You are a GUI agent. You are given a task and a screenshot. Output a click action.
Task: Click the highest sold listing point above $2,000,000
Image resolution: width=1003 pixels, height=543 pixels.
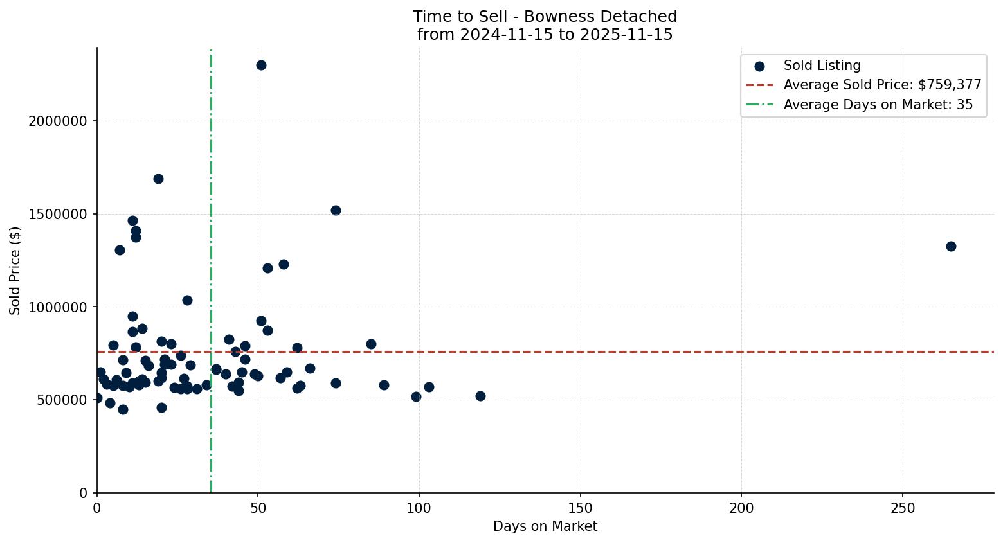click(261, 65)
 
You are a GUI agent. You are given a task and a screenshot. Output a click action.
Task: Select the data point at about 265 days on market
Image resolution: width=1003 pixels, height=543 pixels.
click(951, 246)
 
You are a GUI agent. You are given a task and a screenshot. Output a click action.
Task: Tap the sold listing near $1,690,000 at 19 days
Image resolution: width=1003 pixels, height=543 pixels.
click(158, 179)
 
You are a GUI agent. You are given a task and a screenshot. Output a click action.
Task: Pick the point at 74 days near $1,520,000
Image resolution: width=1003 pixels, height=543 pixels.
click(336, 210)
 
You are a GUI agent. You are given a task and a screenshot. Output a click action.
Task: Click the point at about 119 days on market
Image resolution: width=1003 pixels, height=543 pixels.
click(480, 396)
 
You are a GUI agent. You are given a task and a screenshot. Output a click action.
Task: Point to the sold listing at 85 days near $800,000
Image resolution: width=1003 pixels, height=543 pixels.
click(371, 344)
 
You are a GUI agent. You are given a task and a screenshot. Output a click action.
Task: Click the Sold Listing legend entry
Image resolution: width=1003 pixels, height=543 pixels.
click(822, 66)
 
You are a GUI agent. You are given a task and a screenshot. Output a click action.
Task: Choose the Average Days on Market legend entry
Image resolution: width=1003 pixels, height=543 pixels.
click(878, 105)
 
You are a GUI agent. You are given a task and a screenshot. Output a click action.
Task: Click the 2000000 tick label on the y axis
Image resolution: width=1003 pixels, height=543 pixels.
click(59, 121)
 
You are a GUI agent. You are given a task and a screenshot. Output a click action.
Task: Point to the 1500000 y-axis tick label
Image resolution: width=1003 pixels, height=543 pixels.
click(59, 214)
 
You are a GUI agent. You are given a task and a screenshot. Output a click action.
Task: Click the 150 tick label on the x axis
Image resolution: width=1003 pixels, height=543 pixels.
click(581, 508)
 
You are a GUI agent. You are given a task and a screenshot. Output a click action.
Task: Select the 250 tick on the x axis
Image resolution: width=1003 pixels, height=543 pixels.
click(903, 508)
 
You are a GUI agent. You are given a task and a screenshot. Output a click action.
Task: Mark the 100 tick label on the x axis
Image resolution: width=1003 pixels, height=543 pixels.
click(419, 508)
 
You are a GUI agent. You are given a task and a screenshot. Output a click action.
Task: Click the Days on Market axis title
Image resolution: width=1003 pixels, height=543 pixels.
click(545, 526)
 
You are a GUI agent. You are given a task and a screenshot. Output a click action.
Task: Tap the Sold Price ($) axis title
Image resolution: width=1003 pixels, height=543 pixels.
click(15, 271)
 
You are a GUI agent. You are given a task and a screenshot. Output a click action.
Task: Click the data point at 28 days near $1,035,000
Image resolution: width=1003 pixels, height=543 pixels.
click(187, 300)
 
